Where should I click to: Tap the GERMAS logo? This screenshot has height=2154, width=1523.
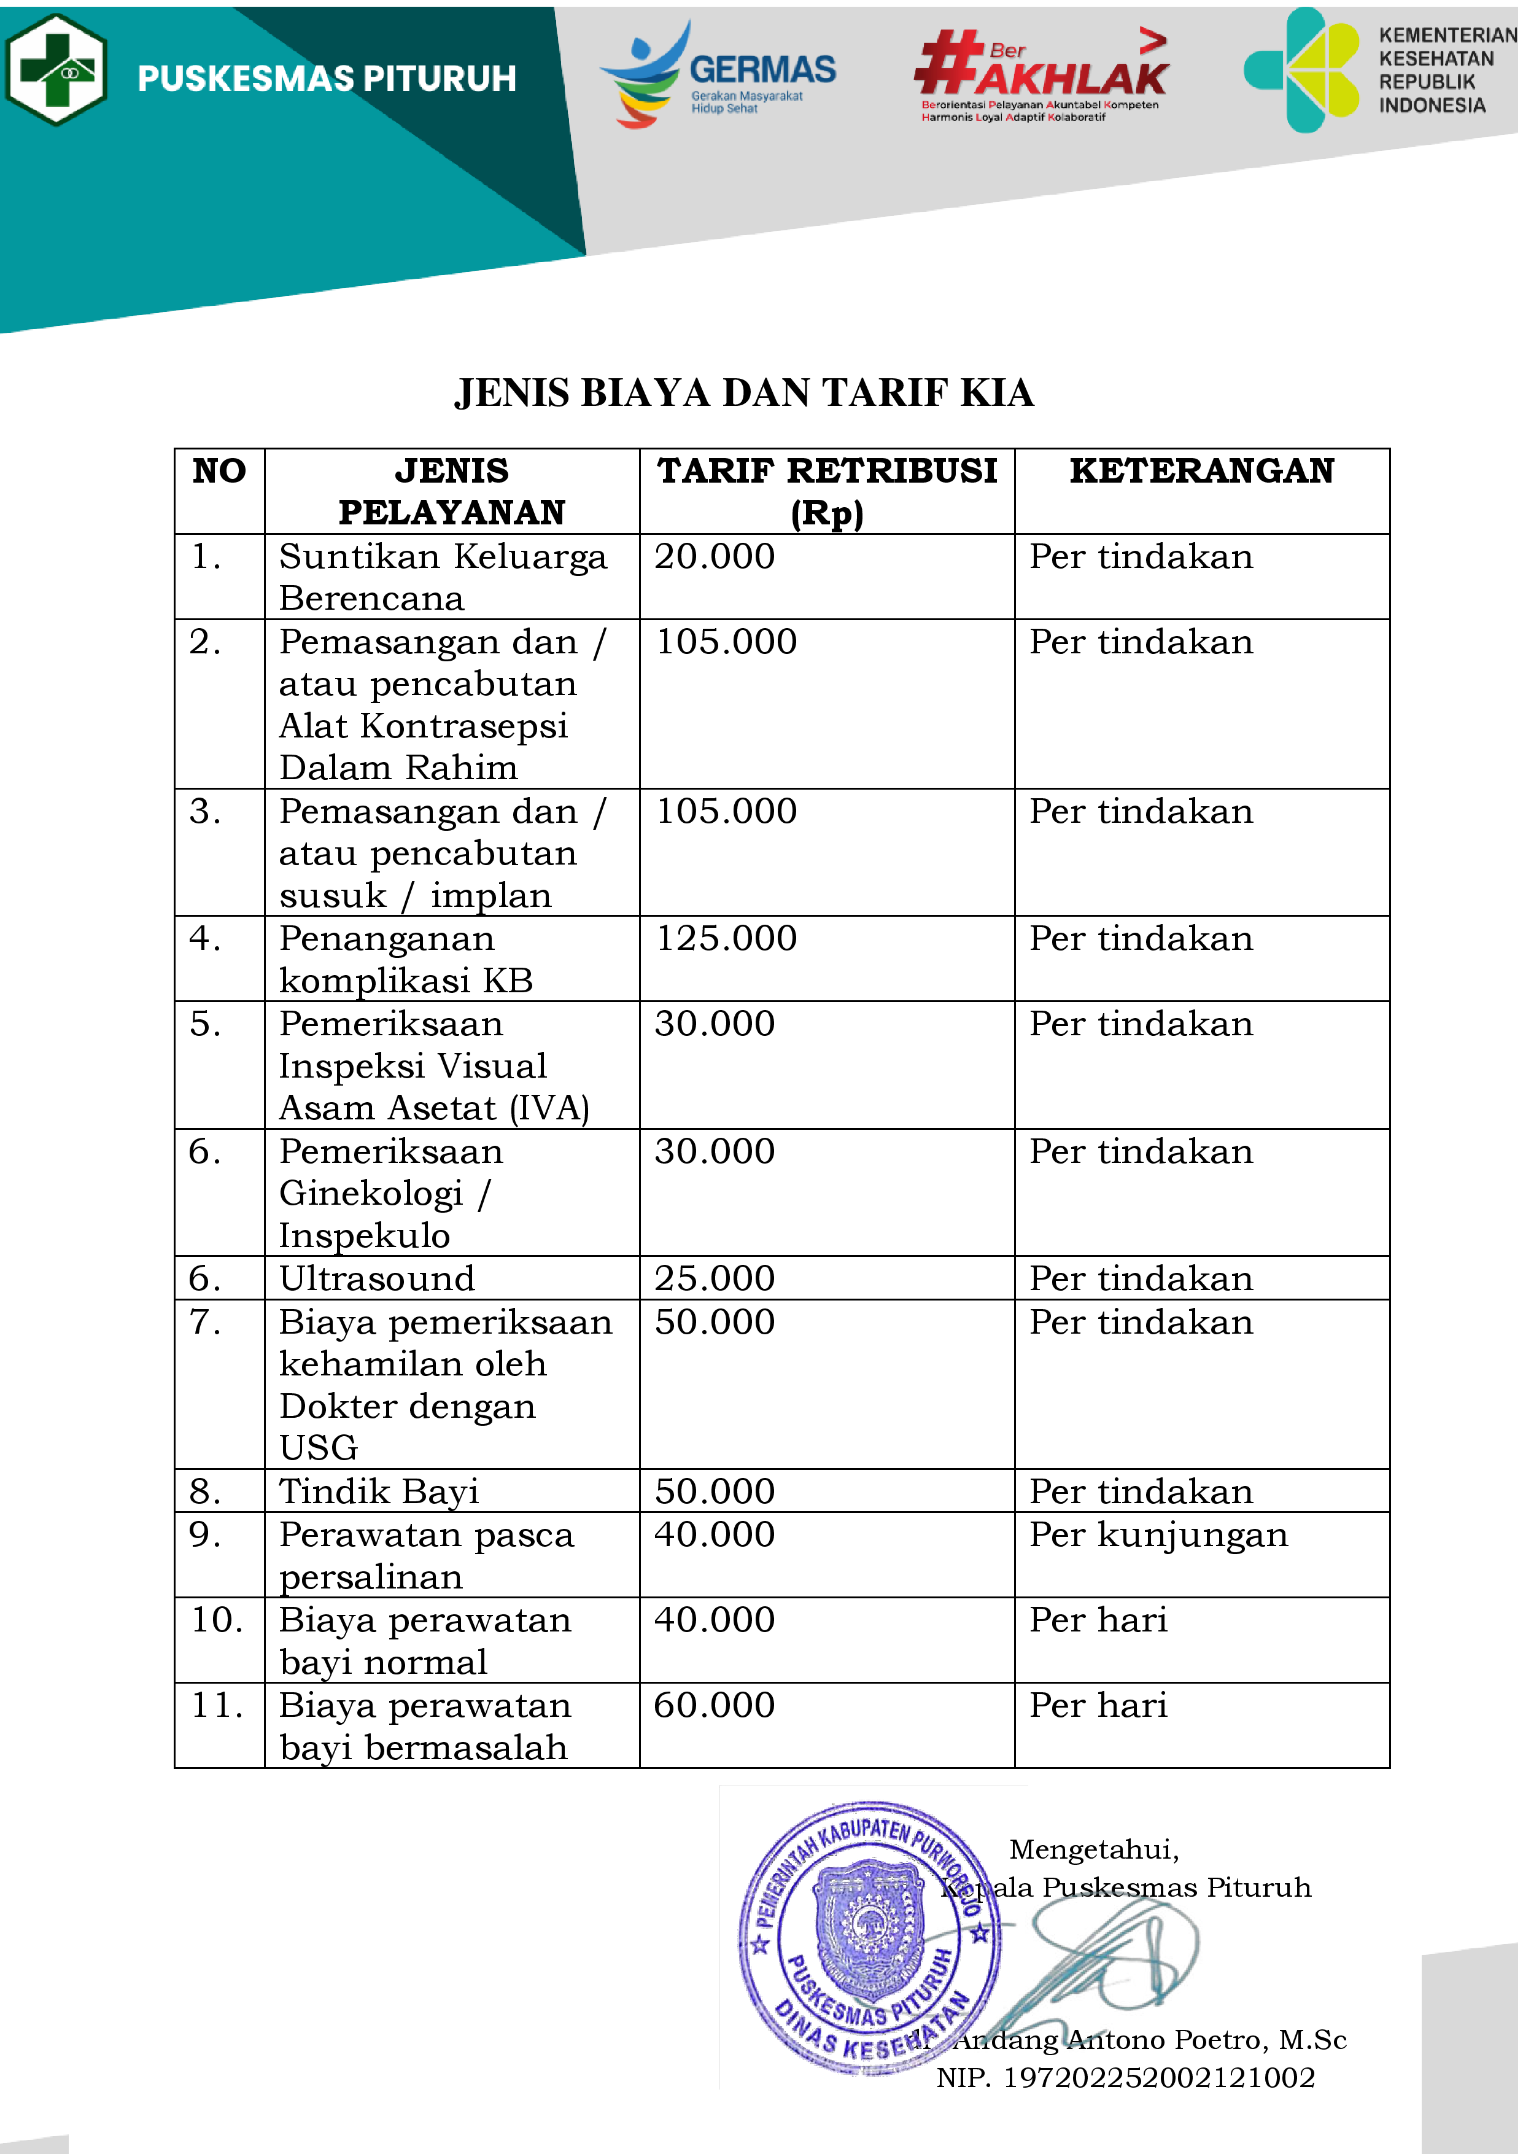pyautogui.click(x=718, y=73)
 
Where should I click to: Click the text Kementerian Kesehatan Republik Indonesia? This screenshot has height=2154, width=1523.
pyautogui.click(x=1446, y=71)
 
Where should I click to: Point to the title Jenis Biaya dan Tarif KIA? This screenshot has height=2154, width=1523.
pyautogui.click(x=743, y=393)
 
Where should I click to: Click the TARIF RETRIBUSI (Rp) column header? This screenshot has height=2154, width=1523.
pyautogui.click(x=826, y=491)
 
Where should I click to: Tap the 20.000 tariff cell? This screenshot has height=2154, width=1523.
pyautogui.click(x=715, y=556)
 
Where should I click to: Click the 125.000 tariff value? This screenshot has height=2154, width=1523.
pyautogui.click(x=726, y=938)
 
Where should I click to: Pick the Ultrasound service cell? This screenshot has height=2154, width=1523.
pyautogui.click(x=377, y=1278)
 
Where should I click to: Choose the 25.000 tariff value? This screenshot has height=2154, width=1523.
pyautogui.click(x=715, y=1278)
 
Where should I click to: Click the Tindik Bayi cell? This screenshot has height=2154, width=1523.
pyautogui.click(x=379, y=1491)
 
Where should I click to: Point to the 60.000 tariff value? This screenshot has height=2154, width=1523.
pyautogui.click(x=715, y=1705)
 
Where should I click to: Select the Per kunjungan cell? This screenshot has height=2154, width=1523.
pyautogui.click(x=1158, y=1535)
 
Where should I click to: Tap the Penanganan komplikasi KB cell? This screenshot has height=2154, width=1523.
pyautogui.click(x=406, y=958)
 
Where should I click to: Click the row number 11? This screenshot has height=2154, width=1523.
pyautogui.click(x=217, y=1705)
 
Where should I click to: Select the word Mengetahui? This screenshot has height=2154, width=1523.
pyautogui.click(x=1093, y=1848)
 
